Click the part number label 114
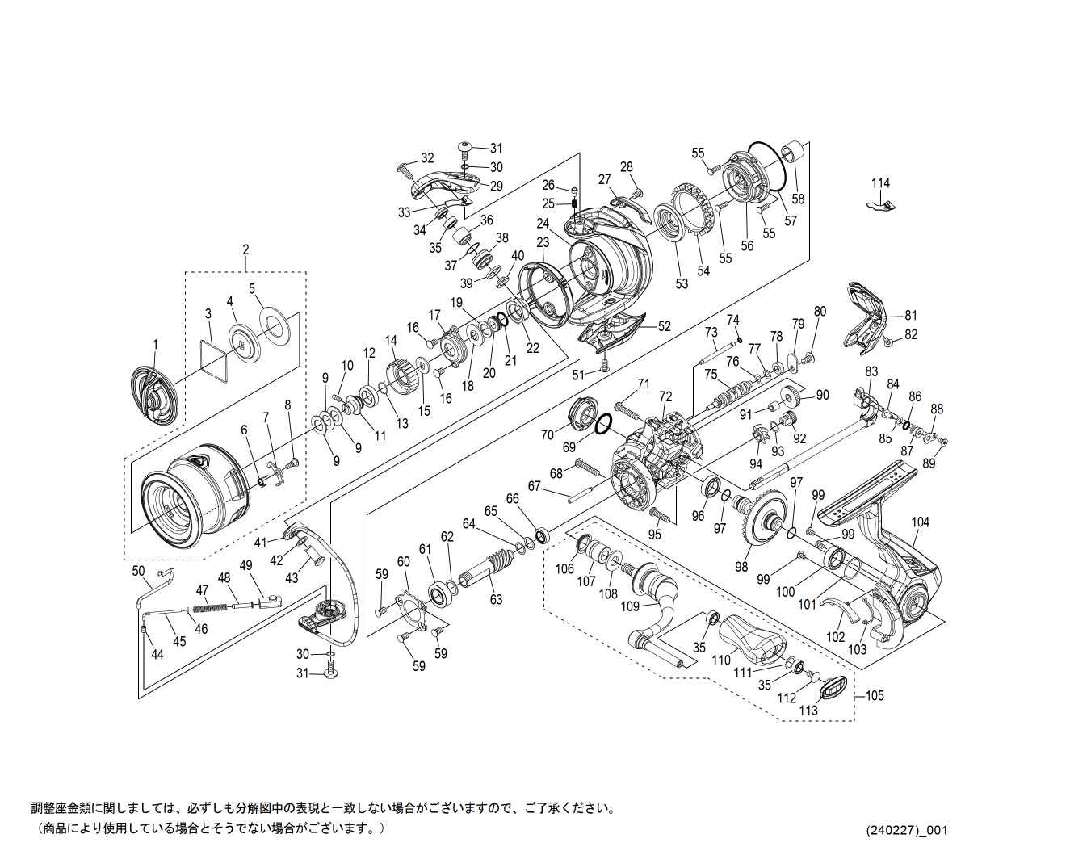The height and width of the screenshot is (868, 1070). click(x=880, y=183)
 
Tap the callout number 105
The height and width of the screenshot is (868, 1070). click(x=875, y=695)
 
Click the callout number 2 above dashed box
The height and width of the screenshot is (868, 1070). click(x=245, y=249)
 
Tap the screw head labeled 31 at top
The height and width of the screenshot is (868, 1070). click(x=465, y=148)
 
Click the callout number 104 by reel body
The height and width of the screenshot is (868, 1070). click(x=921, y=522)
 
